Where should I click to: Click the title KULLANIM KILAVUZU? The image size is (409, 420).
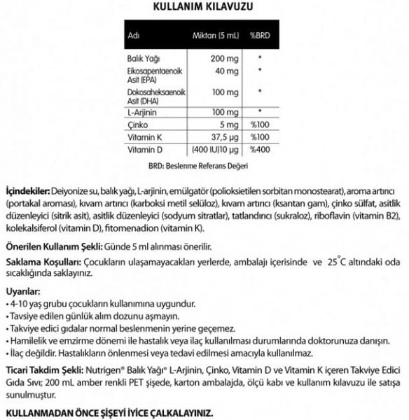203,6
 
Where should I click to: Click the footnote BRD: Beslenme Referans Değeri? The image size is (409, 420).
199,167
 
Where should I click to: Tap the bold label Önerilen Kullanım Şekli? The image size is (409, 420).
53,247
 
